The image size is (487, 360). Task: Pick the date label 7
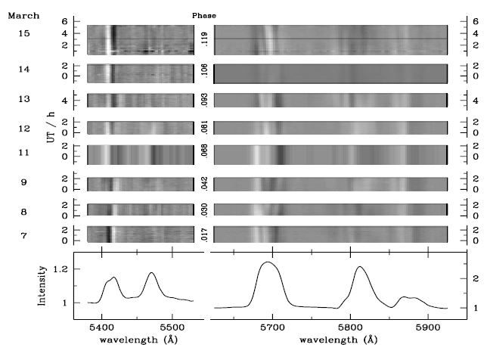[24, 234]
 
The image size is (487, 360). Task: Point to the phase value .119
[204, 39]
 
